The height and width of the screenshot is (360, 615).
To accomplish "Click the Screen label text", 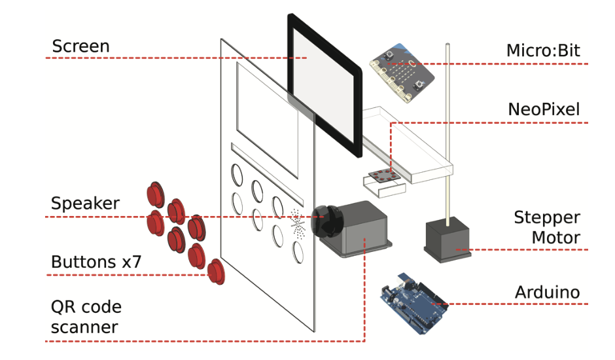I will tap(80, 46).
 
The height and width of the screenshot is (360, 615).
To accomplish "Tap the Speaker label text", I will tap(85, 204).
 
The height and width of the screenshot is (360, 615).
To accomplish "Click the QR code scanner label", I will tap(86, 316).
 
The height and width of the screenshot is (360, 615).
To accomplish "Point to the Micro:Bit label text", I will tap(543, 50).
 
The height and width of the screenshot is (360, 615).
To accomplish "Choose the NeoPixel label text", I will tap(544, 109).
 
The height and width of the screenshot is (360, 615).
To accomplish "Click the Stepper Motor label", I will tap(546, 226).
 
